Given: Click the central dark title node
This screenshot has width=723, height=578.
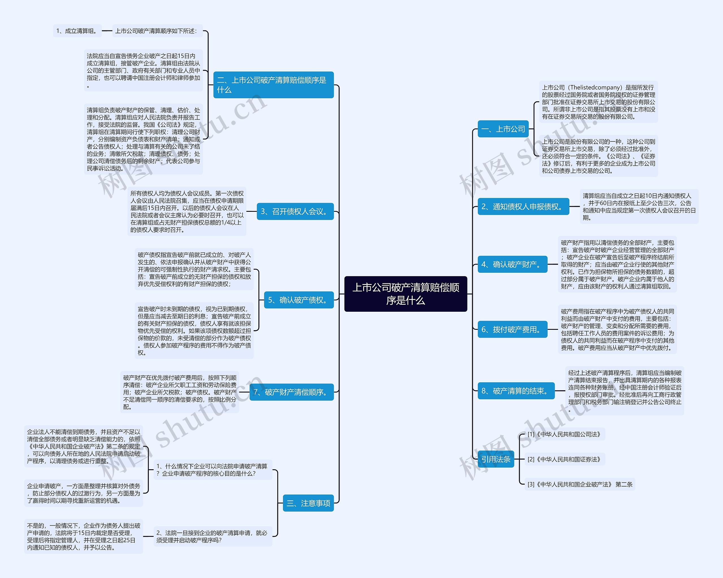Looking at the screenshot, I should pyautogui.click(x=406, y=294).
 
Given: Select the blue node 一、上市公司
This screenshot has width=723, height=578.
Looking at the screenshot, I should pyautogui.click(x=503, y=129).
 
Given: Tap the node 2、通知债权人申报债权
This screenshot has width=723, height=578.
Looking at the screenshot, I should pyautogui.click(x=523, y=206).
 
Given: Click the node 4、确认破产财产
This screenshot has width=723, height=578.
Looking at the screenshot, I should pyautogui.click(x=512, y=264).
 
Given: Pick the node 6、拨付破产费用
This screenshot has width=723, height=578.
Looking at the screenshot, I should pyautogui.click(x=512, y=329).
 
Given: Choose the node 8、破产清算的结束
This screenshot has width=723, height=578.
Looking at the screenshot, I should pyautogui.click(x=516, y=391).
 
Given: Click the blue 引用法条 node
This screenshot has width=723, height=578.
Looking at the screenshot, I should pyautogui.click(x=496, y=459).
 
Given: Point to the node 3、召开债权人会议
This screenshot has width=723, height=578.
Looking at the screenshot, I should pyautogui.click(x=295, y=211).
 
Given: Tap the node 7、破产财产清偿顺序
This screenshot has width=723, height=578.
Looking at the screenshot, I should pyautogui.click(x=291, y=392).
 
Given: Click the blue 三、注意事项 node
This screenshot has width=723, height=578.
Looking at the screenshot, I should pyautogui.click(x=308, y=503).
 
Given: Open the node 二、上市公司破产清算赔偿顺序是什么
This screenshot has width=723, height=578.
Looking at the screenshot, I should pyautogui.click(x=273, y=85).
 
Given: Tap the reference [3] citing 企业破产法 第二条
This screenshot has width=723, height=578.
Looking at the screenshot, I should pyautogui.click(x=580, y=484).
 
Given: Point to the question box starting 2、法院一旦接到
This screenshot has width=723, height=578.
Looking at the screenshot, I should pyautogui.click(x=213, y=536).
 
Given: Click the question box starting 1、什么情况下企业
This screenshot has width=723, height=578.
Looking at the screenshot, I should pyautogui.click(x=213, y=470).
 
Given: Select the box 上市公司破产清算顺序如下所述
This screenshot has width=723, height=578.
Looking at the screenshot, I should pyautogui.click(x=157, y=31).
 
